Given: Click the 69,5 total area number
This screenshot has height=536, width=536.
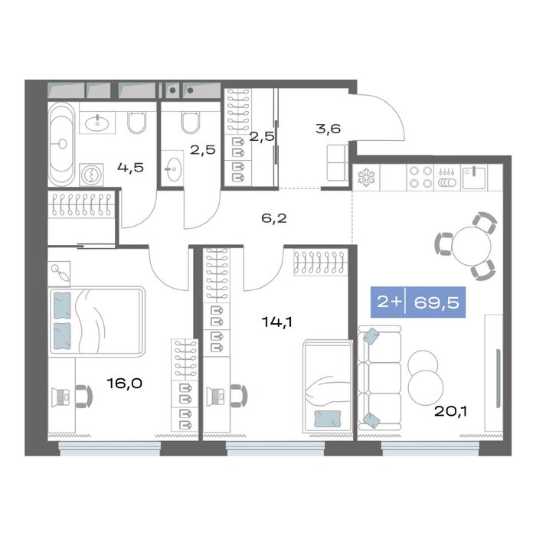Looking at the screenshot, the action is (436, 302).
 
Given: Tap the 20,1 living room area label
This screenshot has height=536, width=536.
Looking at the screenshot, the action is (450, 411).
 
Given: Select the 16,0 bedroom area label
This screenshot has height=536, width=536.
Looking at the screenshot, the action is (124, 383).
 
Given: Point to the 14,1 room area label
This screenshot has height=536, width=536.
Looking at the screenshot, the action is (277, 322).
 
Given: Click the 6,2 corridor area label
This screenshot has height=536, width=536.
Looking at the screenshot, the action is (274, 217).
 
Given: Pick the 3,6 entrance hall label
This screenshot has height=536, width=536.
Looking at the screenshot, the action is (328, 129).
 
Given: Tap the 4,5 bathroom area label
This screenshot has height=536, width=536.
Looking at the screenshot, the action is (131, 168).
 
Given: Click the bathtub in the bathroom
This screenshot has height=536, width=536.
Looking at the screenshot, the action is (61, 144).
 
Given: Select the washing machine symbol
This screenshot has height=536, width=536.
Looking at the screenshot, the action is (92, 175).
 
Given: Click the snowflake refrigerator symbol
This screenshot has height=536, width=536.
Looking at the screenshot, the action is (366, 178).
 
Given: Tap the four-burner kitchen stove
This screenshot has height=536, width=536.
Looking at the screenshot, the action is (420, 177).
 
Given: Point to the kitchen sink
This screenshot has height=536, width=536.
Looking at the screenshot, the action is (474, 178).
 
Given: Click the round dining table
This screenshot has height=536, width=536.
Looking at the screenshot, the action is (472, 246).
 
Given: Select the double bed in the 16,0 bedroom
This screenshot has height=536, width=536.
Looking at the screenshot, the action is (97, 322).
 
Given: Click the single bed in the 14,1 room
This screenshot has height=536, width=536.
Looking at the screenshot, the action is (328, 386).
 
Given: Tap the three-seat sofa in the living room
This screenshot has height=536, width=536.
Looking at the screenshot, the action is (380, 377).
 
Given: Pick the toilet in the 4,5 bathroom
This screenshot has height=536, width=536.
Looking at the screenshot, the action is (137, 122).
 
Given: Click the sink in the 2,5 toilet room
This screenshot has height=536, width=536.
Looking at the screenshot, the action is (172, 168).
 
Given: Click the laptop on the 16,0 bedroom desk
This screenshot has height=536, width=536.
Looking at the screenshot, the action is (60, 397).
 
